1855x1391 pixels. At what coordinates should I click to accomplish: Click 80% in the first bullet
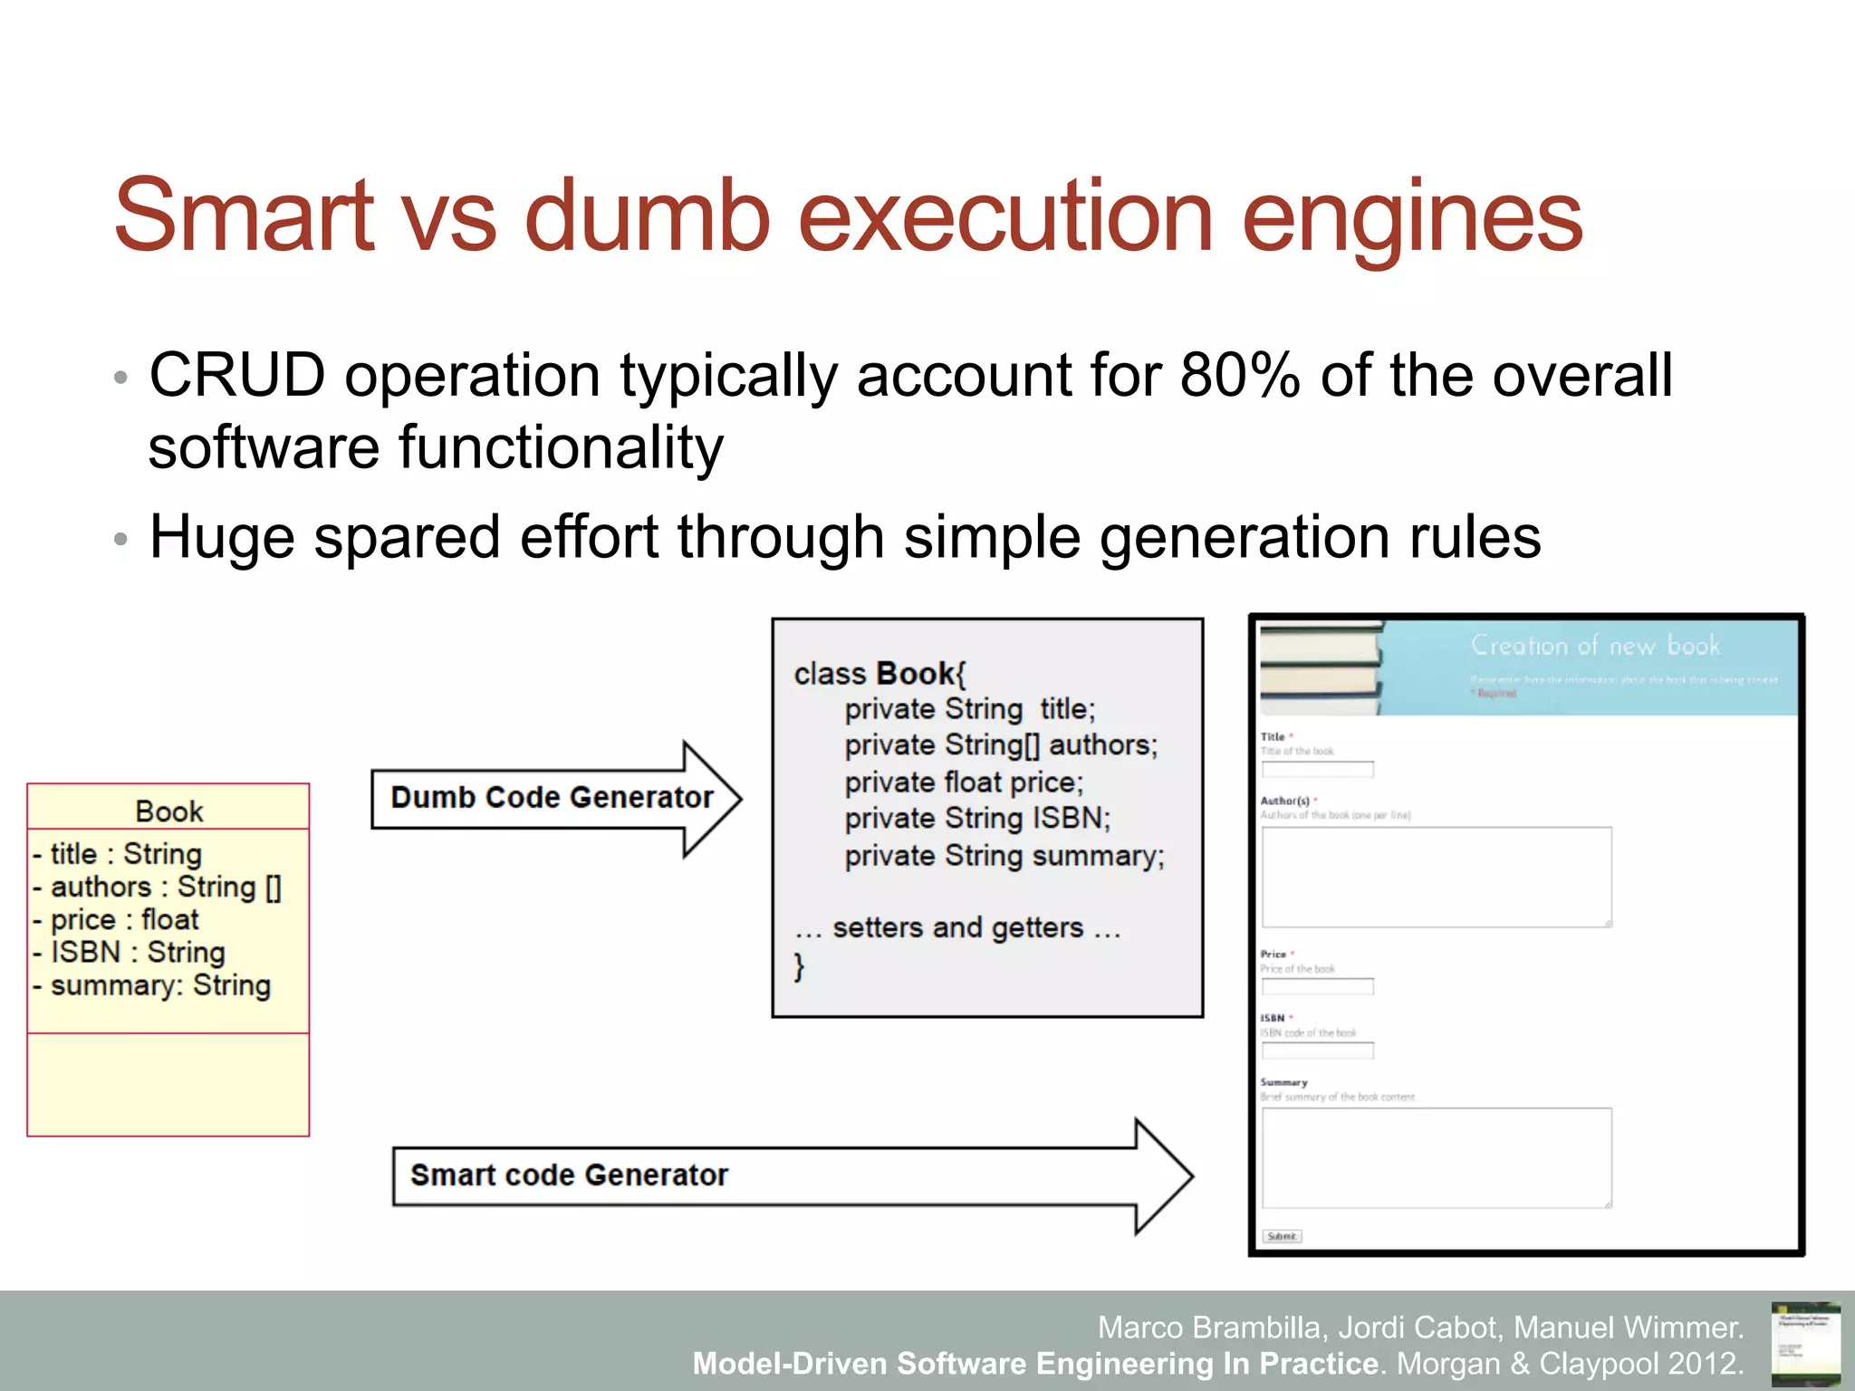tap(1239, 375)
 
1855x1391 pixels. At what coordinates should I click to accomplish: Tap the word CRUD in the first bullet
tap(236, 375)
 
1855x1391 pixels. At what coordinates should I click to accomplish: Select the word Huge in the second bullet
tap(221, 536)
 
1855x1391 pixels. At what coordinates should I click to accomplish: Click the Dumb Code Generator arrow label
tap(552, 798)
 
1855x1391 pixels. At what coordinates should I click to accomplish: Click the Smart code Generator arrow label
tap(569, 1175)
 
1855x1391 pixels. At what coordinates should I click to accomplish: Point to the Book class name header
tap(168, 811)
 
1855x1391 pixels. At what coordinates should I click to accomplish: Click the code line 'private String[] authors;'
tap(1000, 745)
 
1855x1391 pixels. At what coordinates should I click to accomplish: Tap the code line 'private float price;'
tap(963, 782)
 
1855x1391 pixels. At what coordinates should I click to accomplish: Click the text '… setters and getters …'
tap(957, 928)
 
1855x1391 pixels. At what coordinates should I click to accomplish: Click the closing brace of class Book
tap(799, 966)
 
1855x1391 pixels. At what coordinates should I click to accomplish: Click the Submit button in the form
tap(1282, 1236)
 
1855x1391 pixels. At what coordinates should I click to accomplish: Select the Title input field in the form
tap(1317, 770)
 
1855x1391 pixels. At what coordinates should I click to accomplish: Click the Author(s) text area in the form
tap(1436, 877)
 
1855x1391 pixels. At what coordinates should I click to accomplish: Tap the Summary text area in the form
tap(1436, 1157)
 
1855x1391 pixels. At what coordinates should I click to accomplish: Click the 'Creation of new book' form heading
tap(1594, 646)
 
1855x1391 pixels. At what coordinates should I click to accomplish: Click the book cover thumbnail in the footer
tap(1805, 1343)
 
